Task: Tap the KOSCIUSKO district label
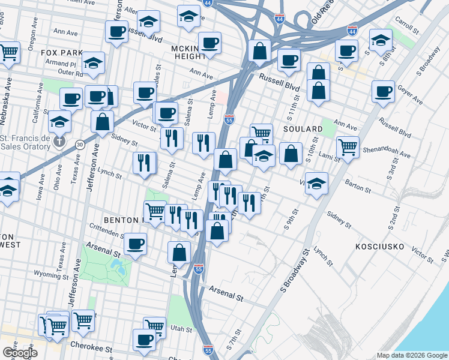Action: tap(382, 247)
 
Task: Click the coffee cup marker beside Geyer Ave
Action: tap(382, 92)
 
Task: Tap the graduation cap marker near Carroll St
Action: tap(381, 40)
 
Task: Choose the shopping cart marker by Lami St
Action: tap(348, 147)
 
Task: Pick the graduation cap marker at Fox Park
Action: tap(93, 62)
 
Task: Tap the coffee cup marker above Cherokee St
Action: tap(144, 340)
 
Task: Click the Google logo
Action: tap(19, 353)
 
